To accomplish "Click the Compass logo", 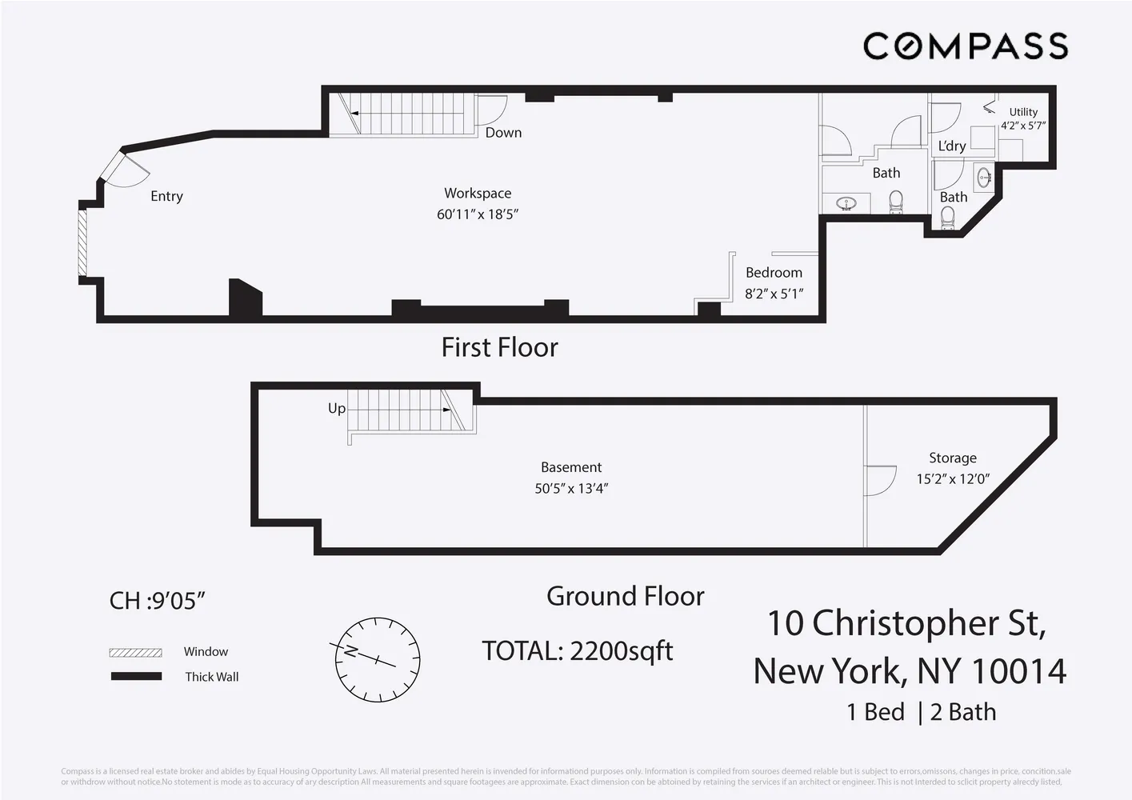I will point(965,46).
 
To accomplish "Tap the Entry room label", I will point(166,196).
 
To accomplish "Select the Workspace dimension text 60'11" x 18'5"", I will point(478,214).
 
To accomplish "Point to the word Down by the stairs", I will point(503,133).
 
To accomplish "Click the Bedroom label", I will point(774,273).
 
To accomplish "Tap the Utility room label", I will point(1023,112).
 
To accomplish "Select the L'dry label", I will point(952,146).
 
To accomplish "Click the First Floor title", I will point(499,347).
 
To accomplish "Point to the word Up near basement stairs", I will point(337,408).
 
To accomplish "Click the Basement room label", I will point(571,467).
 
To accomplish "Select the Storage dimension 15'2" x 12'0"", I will point(953,479).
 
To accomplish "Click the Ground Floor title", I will point(625,596).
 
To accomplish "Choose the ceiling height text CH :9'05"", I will point(158,600).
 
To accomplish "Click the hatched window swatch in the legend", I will point(135,652).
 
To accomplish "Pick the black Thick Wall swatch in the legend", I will point(135,677).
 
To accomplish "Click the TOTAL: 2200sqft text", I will point(577,651).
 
